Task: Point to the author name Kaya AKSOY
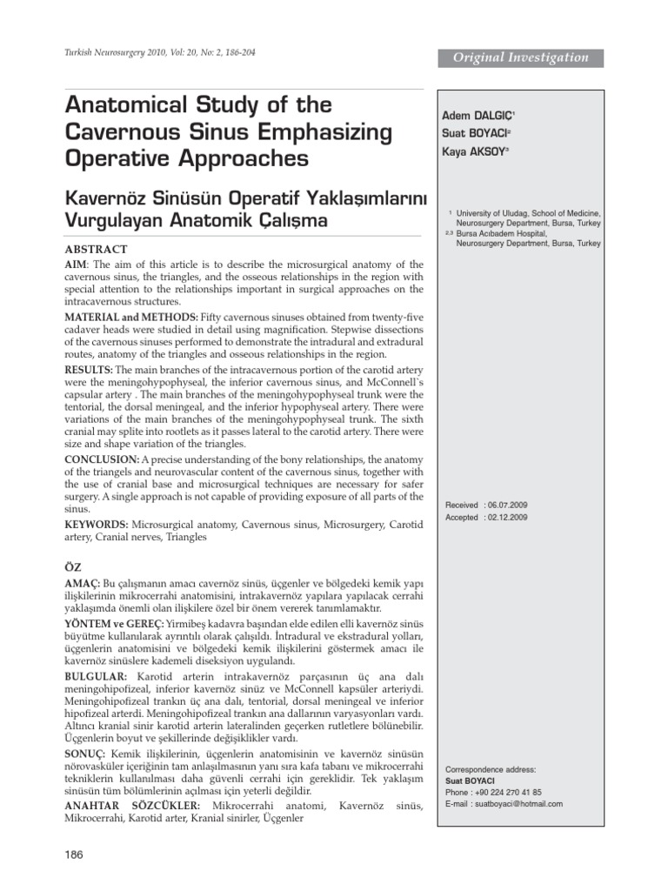click(475, 151)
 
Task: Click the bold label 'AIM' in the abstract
click(76, 264)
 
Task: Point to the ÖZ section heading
click(73, 566)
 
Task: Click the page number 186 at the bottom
click(74, 855)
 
